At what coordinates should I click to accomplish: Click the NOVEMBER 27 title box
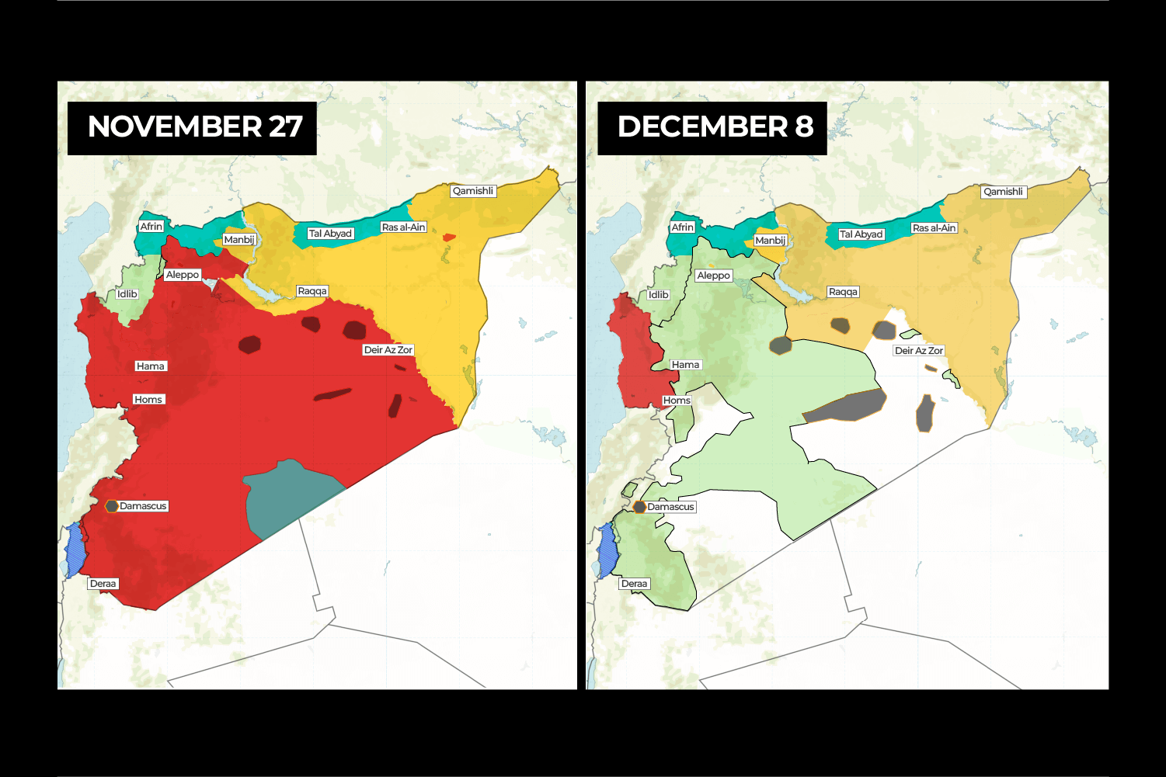pos(192,128)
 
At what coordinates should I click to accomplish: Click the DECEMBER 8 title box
pos(712,128)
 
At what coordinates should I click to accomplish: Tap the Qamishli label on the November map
pos(472,191)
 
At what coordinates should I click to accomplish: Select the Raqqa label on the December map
pos(843,292)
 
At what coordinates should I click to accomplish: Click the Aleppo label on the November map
pos(182,275)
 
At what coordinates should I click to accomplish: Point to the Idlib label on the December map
pos(658,295)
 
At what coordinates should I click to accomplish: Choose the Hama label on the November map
pos(150,366)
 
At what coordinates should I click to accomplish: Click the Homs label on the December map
pos(677,401)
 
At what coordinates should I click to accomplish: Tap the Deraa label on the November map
pos(103,584)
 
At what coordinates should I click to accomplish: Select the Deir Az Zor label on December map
pos(919,351)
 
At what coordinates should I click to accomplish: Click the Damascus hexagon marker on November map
pos(112,506)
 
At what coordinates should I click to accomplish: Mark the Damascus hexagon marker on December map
pos(639,507)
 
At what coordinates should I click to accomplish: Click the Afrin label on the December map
pos(682,227)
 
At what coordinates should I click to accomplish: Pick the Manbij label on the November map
pos(238,240)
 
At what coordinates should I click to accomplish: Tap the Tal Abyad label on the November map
pos(330,234)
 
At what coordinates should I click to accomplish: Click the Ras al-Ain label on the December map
pos(934,228)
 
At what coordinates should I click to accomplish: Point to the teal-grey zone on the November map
pos(287,497)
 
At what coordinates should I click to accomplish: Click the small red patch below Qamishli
pos(449,237)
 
